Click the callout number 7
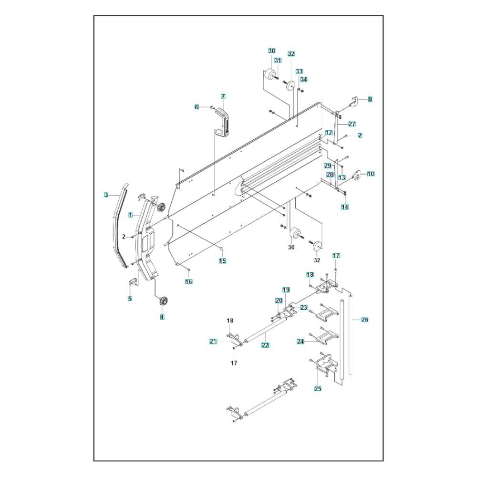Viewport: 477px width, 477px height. [223, 96]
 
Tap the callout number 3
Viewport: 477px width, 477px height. [106, 195]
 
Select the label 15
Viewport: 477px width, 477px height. [222, 261]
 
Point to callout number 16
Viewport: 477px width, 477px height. [188, 282]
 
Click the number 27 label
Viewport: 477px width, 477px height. [352, 124]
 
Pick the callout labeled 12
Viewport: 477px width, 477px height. [329, 133]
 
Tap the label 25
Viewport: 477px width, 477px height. [318, 389]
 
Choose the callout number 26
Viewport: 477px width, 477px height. [365, 320]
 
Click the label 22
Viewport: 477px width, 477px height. [266, 345]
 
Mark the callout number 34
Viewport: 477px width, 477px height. [303, 79]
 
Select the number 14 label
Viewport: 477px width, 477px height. [345, 207]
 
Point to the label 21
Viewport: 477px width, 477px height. [213, 342]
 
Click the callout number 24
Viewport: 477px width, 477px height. [301, 342]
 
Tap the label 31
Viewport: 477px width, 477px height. [278, 61]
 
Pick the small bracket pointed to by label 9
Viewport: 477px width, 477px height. [353, 102]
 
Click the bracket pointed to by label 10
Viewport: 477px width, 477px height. [356, 176]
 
